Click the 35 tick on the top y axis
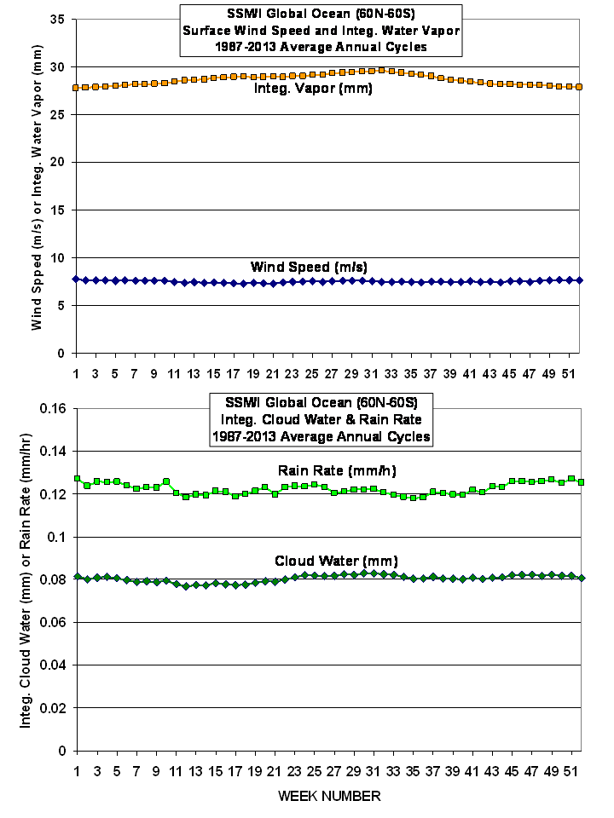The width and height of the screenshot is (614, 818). pyautogui.click(x=59, y=19)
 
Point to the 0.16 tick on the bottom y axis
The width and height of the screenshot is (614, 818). pyautogui.click(x=52, y=408)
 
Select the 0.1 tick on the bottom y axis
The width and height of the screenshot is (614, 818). pyautogui.click(x=57, y=537)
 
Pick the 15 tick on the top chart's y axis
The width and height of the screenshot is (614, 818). pyautogui.click(x=59, y=210)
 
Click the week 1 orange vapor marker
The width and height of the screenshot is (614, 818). pyautogui.click(x=77, y=87)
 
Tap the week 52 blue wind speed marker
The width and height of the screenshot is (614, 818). pyautogui.click(x=579, y=280)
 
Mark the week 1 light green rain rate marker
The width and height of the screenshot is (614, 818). pyautogui.click(x=77, y=479)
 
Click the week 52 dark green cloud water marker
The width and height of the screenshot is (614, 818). pyautogui.click(x=581, y=578)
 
